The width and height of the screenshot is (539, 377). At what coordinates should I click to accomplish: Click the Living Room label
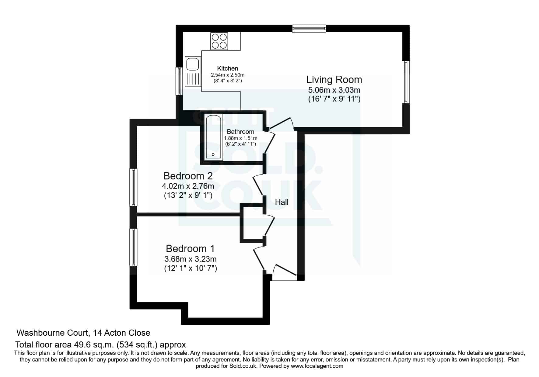coord(334,80)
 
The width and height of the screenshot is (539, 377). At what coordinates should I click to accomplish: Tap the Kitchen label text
coord(228,68)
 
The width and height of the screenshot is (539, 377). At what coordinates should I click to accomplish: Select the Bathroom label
coord(240,132)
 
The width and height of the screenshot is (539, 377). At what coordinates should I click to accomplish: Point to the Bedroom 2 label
coord(188,176)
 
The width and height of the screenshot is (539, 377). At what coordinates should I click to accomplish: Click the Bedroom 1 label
coord(190,248)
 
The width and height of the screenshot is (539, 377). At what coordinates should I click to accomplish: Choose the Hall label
coord(282,202)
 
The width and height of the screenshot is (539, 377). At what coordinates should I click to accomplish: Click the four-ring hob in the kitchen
coord(219,41)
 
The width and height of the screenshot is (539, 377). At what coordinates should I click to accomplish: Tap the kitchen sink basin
coord(193,64)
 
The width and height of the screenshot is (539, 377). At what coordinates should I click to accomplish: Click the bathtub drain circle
coord(213,155)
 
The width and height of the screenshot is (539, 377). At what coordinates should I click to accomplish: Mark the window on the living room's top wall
coord(309,29)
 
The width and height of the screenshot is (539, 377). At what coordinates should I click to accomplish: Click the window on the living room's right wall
coord(406,82)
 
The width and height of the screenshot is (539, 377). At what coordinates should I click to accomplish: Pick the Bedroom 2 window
coord(133,187)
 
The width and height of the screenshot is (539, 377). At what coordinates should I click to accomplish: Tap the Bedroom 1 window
coord(133,247)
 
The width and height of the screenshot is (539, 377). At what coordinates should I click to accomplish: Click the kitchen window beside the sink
coord(180,81)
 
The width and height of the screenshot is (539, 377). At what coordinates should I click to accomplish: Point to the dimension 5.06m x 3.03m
coord(334,90)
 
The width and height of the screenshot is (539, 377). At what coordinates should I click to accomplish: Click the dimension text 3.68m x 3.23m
coord(191,259)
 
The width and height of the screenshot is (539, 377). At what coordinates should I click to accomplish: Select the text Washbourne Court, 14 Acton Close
coord(83,333)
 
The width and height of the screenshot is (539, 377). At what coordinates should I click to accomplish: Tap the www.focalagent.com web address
coord(317,366)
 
